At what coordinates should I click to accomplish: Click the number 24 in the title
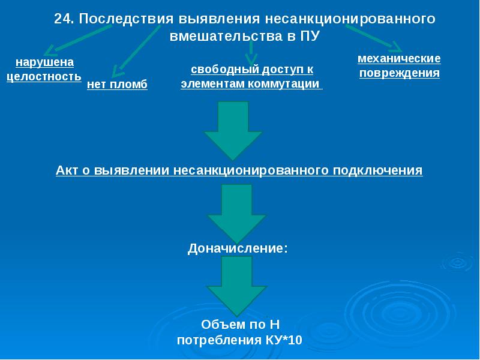[x=62, y=19]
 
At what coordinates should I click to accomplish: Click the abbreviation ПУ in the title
[x=308, y=36]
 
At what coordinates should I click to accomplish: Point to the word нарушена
[x=44, y=62]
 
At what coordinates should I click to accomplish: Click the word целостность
[x=44, y=77]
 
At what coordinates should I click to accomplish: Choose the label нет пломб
[x=117, y=85]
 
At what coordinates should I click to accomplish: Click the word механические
[x=399, y=59]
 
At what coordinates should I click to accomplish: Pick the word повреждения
[x=399, y=73]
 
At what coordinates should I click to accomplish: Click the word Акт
[x=67, y=170]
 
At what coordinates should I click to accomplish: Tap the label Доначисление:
[x=238, y=247]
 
